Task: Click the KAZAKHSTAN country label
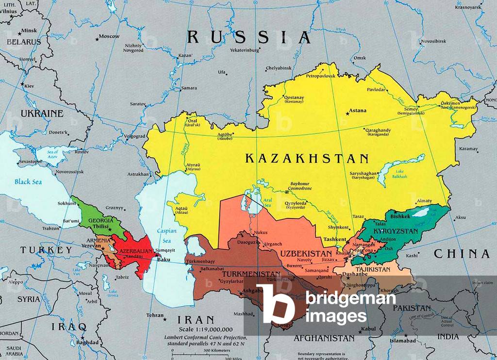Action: (307, 159)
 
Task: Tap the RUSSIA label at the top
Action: (249, 37)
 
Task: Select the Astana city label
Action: (358, 111)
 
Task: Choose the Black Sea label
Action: (28, 182)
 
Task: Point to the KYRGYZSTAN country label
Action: (396, 231)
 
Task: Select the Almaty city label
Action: (424, 200)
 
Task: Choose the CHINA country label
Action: (461, 253)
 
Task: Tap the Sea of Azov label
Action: (52, 155)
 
